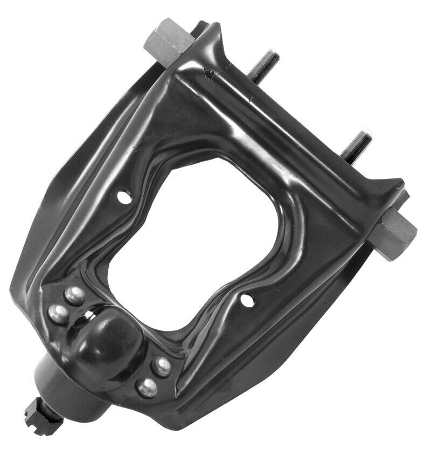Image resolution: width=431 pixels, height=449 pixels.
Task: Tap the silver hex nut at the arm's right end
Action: pos(394,232)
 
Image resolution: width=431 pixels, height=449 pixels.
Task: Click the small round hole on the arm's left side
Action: pos(124,197)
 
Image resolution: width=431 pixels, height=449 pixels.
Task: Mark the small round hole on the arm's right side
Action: pos(247,300)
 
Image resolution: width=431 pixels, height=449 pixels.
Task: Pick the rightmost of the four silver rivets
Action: pos(162,367)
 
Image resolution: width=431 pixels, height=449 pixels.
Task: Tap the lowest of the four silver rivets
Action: pos(147,387)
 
